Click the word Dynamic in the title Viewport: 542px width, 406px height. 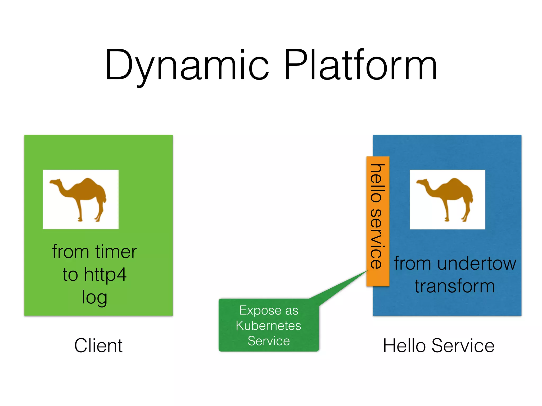click(x=187, y=65)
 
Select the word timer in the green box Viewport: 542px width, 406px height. click(x=116, y=252)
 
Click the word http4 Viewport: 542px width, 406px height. click(x=105, y=275)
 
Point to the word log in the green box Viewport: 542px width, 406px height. click(x=94, y=297)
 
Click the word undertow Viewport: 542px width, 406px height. click(x=476, y=264)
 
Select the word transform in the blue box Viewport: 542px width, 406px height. click(x=455, y=286)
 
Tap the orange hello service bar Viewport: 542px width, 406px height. click(x=378, y=221)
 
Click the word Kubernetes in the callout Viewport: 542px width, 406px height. click(x=268, y=326)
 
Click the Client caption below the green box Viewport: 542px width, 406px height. click(x=98, y=345)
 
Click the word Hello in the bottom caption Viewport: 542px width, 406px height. click(x=404, y=345)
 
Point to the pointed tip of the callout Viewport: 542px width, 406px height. click(x=367, y=271)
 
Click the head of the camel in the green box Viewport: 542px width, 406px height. click(x=55, y=182)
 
